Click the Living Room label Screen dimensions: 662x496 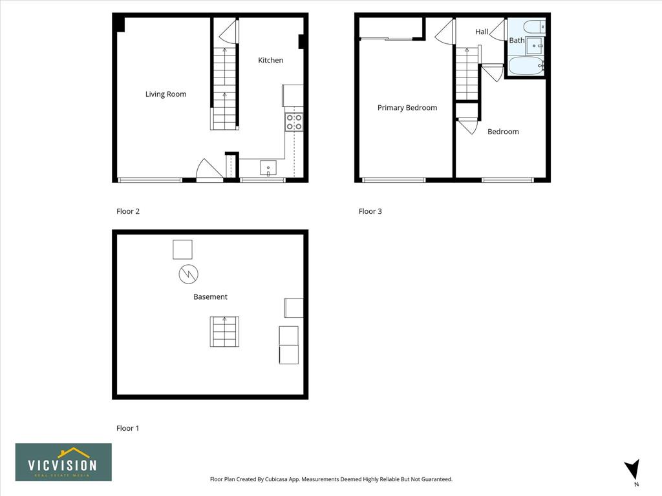coord(165,94)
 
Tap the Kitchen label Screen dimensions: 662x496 coord(271,60)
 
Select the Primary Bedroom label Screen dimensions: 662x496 coord(407,108)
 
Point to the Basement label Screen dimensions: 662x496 coord(210,296)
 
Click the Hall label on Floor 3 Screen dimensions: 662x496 coord(482,32)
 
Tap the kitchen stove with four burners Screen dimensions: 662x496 coord(294,122)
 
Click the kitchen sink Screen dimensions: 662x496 coord(268,168)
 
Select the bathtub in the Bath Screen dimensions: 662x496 coord(526,66)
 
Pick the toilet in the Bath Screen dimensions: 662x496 coord(534,27)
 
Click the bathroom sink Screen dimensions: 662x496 coord(535,46)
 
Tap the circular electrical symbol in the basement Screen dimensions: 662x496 coord(188,274)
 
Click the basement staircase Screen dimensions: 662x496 coord(224,331)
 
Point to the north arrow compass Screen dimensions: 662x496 coord(633,470)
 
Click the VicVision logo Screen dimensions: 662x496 coord(63,462)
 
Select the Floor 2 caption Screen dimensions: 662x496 coord(128,211)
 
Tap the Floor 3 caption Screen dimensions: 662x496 coord(370,211)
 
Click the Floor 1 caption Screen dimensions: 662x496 coord(127,428)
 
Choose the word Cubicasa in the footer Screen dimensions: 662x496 coord(277,479)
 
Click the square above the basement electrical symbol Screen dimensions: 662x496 coord(182,250)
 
